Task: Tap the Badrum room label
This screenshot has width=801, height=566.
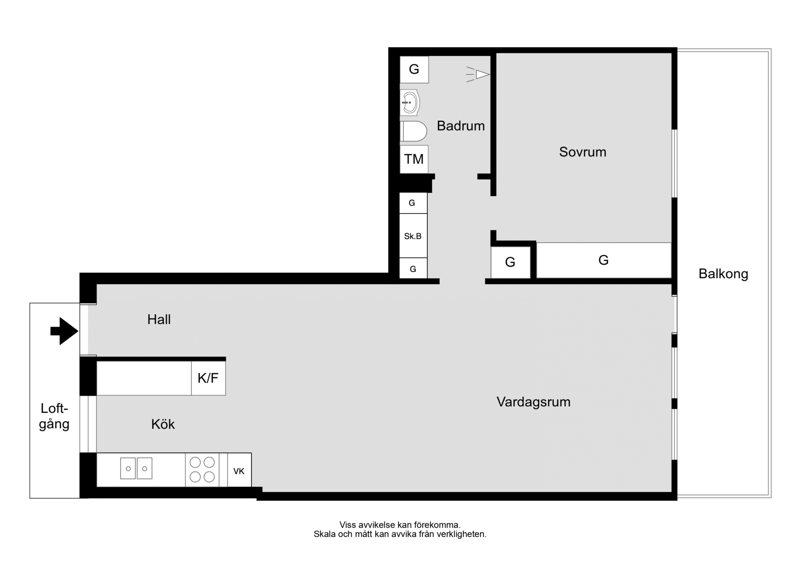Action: click(x=461, y=126)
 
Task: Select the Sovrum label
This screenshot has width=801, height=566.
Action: click(x=582, y=152)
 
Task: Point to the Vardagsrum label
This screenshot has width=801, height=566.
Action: click(x=533, y=402)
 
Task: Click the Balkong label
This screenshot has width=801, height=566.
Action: click(x=723, y=274)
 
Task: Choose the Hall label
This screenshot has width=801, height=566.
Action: click(x=159, y=319)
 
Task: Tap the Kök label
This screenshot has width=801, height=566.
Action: click(x=163, y=424)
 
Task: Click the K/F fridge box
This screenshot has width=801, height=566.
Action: click(x=208, y=378)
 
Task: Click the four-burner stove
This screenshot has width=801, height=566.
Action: click(x=202, y=470)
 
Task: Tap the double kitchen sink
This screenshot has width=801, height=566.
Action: click(x=136, y=468)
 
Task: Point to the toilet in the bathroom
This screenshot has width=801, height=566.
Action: click(x=413, y=131)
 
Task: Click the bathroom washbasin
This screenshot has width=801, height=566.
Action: click(x=410, y=102)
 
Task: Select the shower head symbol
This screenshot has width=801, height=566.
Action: click(x=478, y=74)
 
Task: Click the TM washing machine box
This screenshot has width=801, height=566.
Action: click(x=414, y=159)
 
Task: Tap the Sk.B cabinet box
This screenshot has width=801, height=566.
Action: click(x=413, y=236)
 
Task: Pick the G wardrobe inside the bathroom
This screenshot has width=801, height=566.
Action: click(x=414, y=69)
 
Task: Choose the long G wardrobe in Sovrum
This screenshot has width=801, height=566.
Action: click(x=604, y=260)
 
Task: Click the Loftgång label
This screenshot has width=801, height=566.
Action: click(x=54, y=416)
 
